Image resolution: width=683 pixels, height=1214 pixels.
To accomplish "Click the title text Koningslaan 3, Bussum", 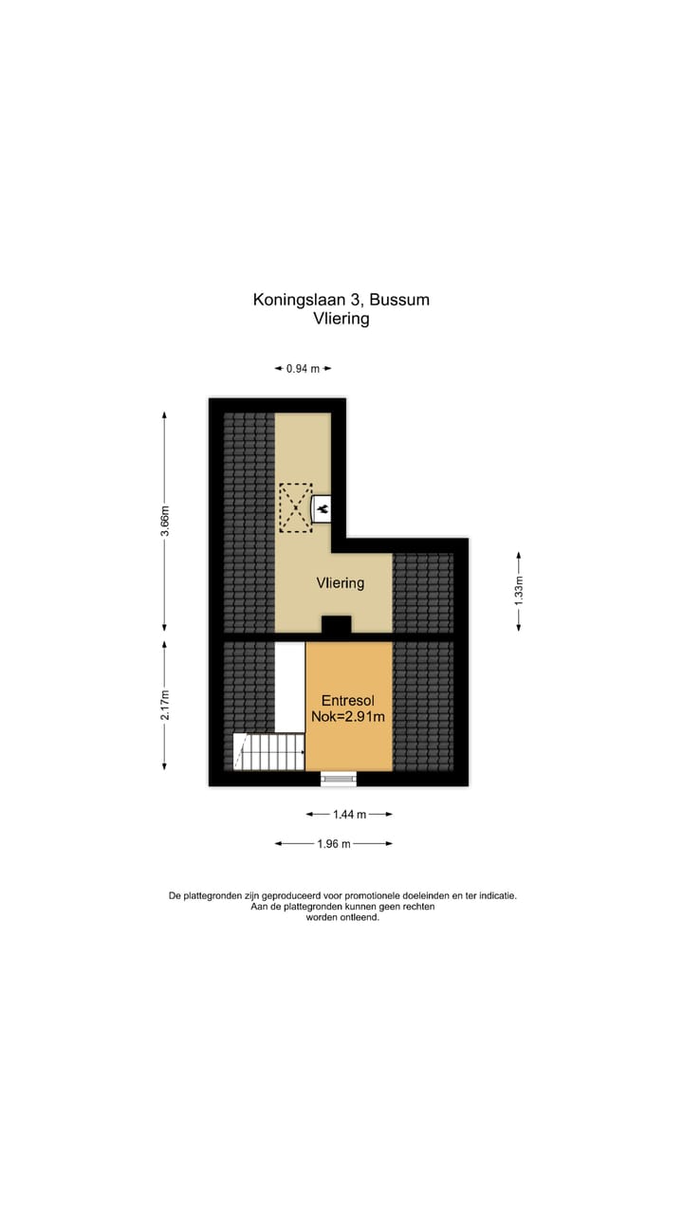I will (x=341, y=300).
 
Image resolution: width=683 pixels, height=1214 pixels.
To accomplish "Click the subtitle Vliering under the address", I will (x=341, y=319).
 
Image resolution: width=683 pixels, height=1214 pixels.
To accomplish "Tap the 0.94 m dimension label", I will (x=303, y=369).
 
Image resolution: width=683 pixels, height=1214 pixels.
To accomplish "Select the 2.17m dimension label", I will (x=165, y=705).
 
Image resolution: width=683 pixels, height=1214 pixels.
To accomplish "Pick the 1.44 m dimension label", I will (x=349, y=814).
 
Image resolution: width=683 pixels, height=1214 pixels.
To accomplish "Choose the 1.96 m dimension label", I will (x=333, y=843).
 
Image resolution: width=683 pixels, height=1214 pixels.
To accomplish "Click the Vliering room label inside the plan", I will (x=341, y=583).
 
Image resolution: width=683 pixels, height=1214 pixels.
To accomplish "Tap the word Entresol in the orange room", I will (x=348, y=701).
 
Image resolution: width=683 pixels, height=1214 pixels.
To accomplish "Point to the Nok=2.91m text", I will (x=348, y=717).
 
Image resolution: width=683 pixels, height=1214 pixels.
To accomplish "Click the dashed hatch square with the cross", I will (x=295, y=507).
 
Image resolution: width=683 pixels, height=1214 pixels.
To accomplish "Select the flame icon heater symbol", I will (x=322, y=510).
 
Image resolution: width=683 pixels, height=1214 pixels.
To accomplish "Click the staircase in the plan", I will (x=268, y=752).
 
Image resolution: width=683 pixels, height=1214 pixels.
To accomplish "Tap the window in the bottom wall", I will (x=339, y=780).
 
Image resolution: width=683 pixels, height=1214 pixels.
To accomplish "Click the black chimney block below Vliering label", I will (x=336, y=625).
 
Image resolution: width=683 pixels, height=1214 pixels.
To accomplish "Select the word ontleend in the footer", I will (x=360, y=918).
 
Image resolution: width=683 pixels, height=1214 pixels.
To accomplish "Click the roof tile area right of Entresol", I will (x=423, y=706).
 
